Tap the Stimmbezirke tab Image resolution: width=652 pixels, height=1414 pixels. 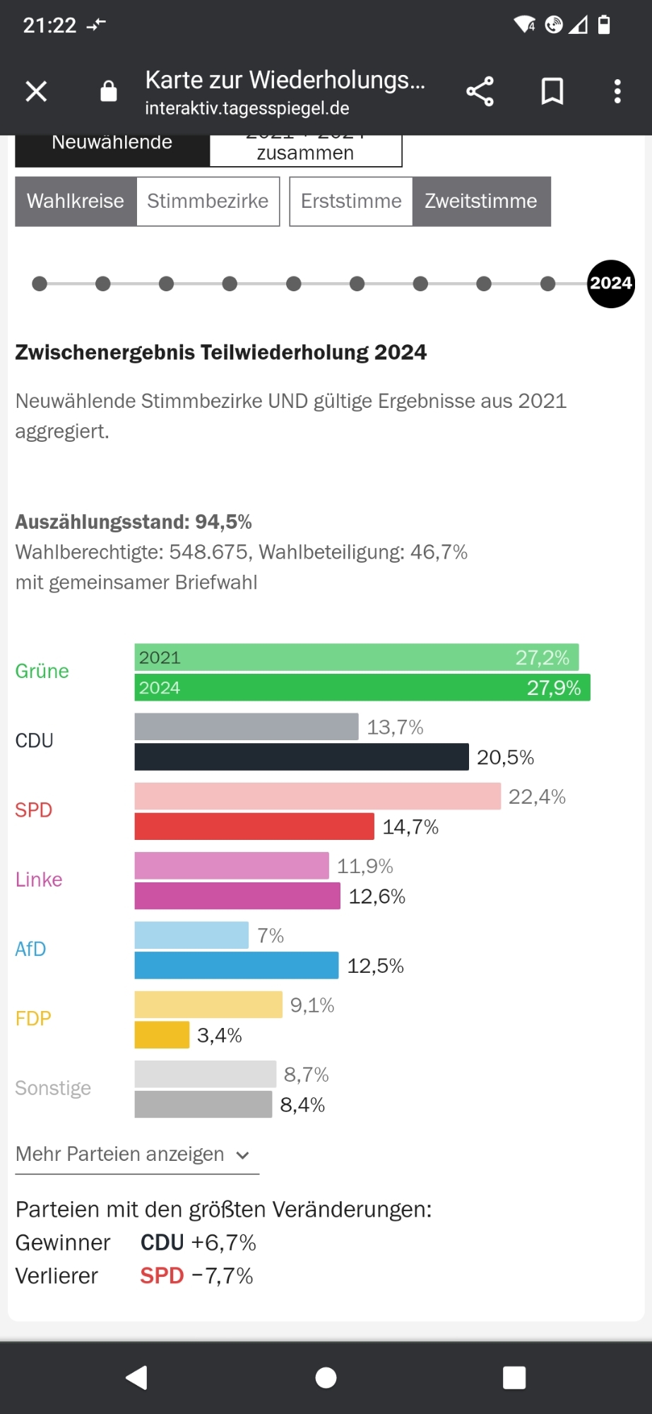point(208,201)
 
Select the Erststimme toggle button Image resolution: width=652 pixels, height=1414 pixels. point(351,201)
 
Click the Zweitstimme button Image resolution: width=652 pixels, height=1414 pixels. point(481,201)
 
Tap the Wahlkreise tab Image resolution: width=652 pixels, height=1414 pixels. point(76,201)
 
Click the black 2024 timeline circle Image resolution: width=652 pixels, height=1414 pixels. point(610,284)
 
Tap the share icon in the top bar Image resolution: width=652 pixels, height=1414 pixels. point(480,91)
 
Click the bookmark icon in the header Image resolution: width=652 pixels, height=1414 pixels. point(552,91)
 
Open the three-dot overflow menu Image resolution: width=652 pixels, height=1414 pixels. point(617,91)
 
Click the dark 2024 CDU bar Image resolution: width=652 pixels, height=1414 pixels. point(301,756)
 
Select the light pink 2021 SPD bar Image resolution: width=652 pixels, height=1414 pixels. point(317,796)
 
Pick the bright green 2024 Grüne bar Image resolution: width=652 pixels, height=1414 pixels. point(362,687)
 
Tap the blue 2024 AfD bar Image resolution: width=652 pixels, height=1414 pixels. point(236,965)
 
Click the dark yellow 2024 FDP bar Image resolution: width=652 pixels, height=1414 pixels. point(162,1034)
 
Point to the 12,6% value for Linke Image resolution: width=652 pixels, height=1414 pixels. point(377,896)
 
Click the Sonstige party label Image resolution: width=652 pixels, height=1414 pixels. point(53,1087)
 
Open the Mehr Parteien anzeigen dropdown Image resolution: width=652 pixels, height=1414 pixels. point(133,1155)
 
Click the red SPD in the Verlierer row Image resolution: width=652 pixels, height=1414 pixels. point(162,1275)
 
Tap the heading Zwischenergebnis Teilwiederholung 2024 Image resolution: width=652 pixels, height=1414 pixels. point(220,352)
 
